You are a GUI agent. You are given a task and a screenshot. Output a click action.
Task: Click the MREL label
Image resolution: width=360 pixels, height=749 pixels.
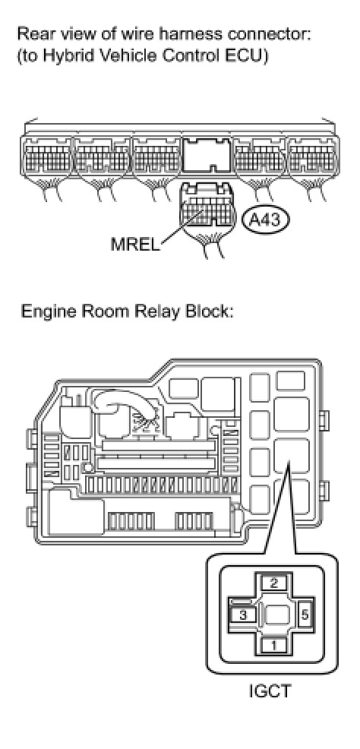coord(136,244)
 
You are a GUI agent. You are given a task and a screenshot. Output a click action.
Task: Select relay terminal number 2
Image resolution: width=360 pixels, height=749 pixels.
coord(273,583)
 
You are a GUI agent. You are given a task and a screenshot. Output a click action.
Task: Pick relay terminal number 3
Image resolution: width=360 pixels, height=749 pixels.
coord(243,615)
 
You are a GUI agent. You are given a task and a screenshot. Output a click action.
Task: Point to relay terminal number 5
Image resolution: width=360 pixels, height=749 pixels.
coord(305,615)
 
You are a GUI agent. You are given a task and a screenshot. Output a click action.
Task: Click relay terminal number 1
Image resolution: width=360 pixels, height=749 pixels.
coord(273,646)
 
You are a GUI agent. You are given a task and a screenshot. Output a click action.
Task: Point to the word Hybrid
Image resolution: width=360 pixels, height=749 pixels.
coord(63,57)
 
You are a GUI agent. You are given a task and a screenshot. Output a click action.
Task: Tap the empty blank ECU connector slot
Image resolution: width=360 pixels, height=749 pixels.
coord(207,153)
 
